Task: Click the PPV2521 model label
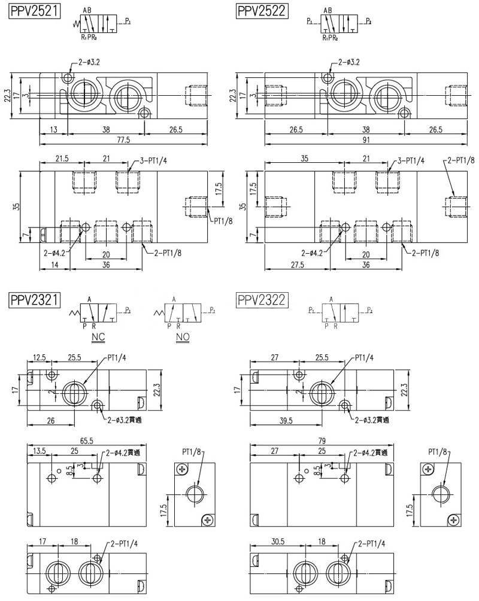tap(35, 11)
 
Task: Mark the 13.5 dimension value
tap(40, 450)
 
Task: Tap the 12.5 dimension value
tap(40, 357)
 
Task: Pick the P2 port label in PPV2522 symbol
tap(368, 21)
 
